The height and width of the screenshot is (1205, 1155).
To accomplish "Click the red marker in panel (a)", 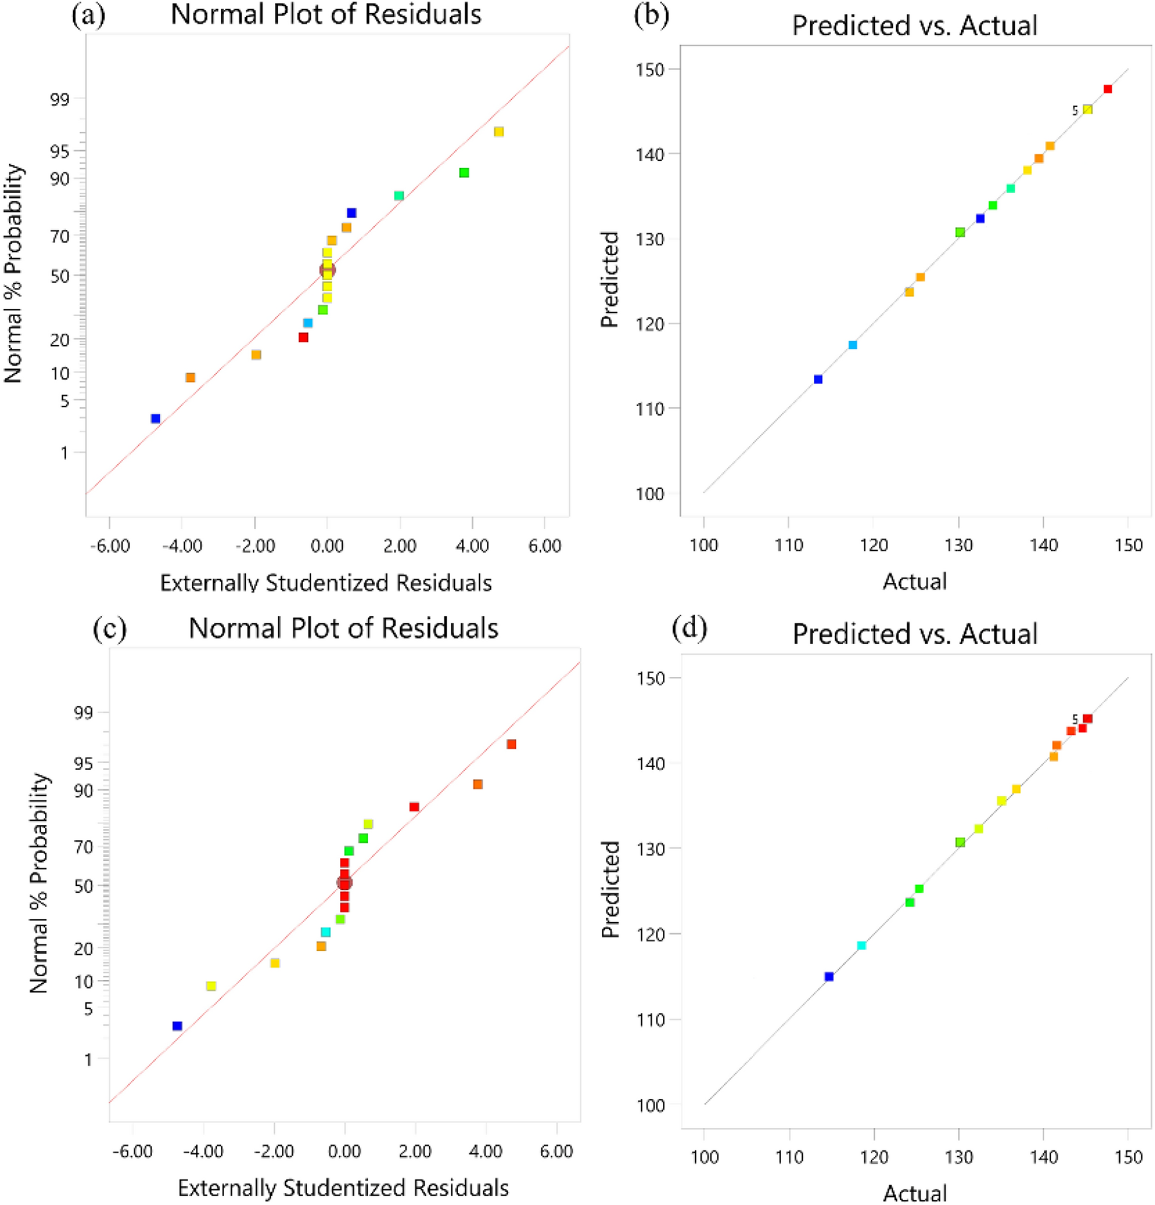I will tap(303, 338).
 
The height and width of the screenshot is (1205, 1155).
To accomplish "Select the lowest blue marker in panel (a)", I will tap(156, 419).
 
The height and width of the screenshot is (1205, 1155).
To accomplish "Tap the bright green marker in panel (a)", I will tap(465, 173).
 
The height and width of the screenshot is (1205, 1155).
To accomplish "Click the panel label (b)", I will tap(651, 16).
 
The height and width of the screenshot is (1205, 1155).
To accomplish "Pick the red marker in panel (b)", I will tap(1108, 89).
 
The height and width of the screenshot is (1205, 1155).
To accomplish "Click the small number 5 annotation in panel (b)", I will tap(1075, 111).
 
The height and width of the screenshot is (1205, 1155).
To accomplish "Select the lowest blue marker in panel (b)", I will tap(818, 380).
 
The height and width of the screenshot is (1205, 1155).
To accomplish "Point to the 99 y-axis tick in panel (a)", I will tap(61, 99).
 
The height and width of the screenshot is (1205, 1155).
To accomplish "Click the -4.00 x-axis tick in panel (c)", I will tap(203, 1151).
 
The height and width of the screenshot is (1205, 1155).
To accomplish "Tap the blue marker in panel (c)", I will tap(177, 1026).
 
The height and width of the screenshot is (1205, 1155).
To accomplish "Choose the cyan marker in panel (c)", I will tap(325, 933).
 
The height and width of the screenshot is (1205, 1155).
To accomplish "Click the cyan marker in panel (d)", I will tap(862, 946).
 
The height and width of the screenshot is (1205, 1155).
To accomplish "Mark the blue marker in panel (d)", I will tap(829, 977).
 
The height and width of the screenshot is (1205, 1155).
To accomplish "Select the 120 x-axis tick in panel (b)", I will tap(873, 545).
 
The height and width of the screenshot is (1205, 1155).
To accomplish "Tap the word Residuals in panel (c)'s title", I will tap(440, 628).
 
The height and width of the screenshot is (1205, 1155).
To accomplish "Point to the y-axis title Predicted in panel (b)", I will tap(609, 280).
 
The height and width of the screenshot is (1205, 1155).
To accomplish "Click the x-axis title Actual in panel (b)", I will tap(915, 582).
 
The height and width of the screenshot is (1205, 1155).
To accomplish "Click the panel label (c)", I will tap(110, 628).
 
